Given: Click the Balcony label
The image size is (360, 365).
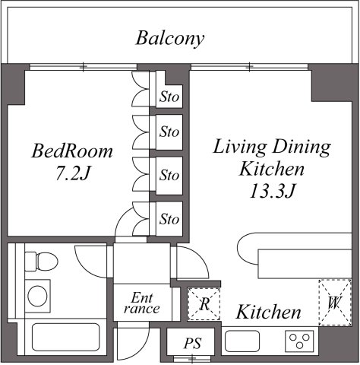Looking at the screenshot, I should click(x=170, y=38).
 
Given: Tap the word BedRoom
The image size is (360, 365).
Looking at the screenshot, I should click(x=72, y=151).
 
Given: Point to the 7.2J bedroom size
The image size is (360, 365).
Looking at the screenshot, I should click(x=72, y=173).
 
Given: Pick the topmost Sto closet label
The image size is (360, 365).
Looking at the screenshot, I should click(x=169, y=97).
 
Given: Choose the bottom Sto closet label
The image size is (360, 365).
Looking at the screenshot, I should click(x=169, y=220).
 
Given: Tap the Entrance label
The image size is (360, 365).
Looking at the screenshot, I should click(x=141, y=303).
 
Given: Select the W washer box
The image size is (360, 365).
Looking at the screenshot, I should click(x=334, y=303).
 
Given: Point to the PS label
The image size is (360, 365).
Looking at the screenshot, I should click(x=192, y=344).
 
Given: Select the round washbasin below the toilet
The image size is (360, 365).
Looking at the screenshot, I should click(x=36, y=295).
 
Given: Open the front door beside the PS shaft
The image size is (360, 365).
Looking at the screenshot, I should click(x=128, y=341).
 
